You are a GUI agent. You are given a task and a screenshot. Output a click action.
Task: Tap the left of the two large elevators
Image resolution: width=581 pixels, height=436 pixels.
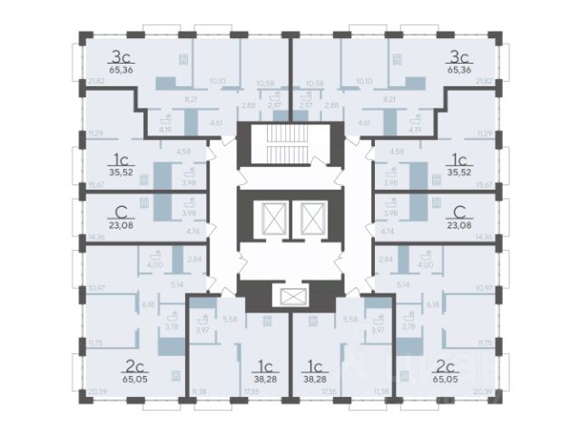(x=273, y=219)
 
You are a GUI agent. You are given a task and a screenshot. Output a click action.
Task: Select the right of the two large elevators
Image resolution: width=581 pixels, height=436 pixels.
(x=311, y=219)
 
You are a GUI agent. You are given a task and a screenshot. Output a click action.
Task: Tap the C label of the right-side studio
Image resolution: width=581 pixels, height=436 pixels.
(x=459, y=209)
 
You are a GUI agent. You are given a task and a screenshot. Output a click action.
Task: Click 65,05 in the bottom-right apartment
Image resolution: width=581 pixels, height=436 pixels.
(x=446, y=381)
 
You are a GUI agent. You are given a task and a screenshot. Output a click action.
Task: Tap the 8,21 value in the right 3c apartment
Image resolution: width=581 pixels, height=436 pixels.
(x=390, y=98)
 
